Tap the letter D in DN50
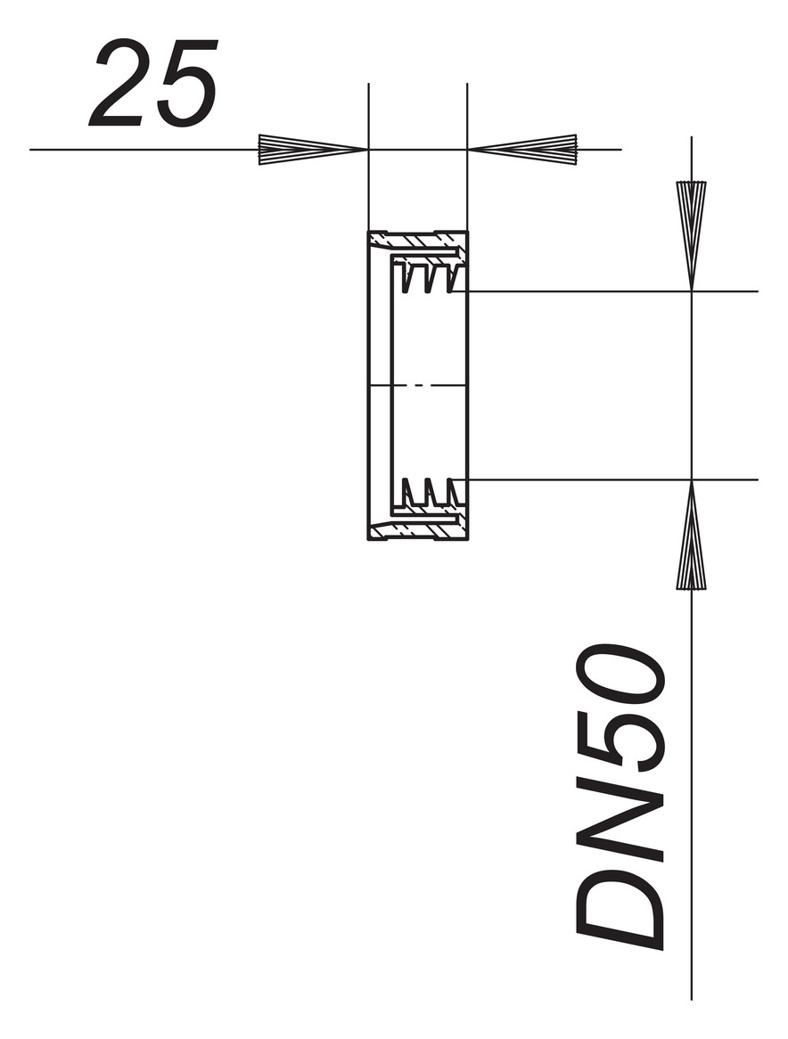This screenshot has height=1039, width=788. [x=622, y=900]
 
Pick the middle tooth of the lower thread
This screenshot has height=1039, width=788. [x=431, y=492]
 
